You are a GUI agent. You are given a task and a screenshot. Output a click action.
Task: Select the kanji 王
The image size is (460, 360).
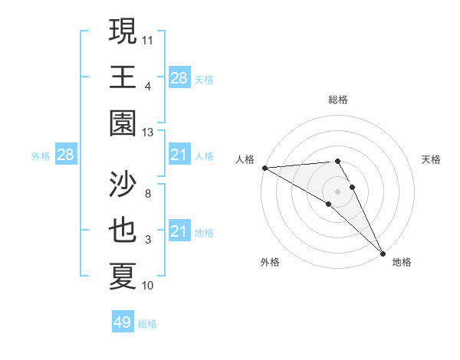tap(123, 77)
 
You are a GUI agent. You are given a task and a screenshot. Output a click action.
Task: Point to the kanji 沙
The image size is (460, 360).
tap(123, 184)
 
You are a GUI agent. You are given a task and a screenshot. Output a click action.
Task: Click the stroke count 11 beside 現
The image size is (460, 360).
tap(148, 40)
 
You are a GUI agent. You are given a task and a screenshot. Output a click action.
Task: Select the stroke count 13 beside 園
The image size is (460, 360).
tap(148, 133)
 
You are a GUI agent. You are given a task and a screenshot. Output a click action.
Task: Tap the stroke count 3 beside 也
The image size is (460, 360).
tap(148, 240)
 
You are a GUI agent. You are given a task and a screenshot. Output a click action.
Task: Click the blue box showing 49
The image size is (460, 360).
tap(123, 322)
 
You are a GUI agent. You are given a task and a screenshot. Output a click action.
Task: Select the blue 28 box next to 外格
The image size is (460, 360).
tap(66, 155)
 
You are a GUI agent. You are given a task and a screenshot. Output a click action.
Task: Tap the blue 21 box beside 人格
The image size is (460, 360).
tap(179, 155)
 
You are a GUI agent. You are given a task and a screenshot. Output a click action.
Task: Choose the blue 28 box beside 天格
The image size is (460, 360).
tap(179, 77)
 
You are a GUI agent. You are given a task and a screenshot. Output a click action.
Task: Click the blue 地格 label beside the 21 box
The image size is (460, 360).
tap(204, 232)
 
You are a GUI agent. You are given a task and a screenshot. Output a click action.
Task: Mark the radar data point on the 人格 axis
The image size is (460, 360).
tap(264, 168)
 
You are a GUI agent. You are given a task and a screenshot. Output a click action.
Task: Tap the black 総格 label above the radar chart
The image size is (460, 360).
tap(338, 100)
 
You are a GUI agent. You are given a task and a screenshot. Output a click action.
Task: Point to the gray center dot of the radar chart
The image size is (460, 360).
tap(337, 191)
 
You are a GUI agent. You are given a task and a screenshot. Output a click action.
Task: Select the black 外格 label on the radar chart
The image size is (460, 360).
tap(270, 262)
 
